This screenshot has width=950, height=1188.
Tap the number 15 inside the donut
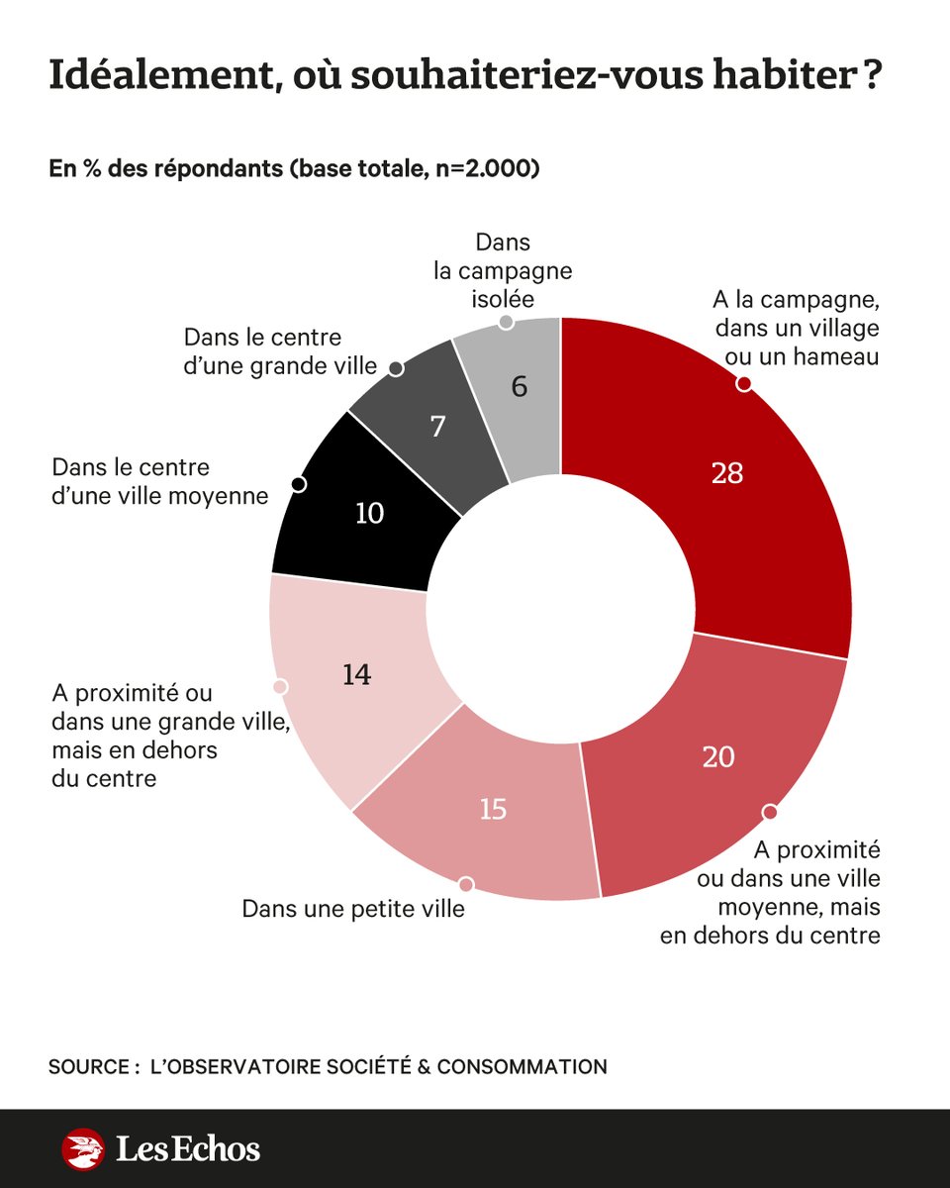[493, 809]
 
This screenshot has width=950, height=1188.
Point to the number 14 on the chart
[356, 675]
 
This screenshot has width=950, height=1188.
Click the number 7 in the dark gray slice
[438, 427]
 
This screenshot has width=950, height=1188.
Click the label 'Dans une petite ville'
[353, 908]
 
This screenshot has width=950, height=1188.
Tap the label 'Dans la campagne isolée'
[503, 270]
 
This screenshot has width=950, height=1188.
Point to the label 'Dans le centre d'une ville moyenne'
[159, 480]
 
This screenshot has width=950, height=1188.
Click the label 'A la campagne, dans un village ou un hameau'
[797, 328]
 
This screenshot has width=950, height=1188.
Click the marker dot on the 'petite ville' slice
[466, 883]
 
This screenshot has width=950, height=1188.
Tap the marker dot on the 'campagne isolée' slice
[507, 322]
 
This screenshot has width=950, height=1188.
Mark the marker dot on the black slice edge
[298, 484]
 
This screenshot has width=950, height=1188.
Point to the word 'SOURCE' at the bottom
[87, 1067]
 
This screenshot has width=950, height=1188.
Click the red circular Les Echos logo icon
[83, 1149]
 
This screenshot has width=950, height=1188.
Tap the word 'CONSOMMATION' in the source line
[522, 1067]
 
